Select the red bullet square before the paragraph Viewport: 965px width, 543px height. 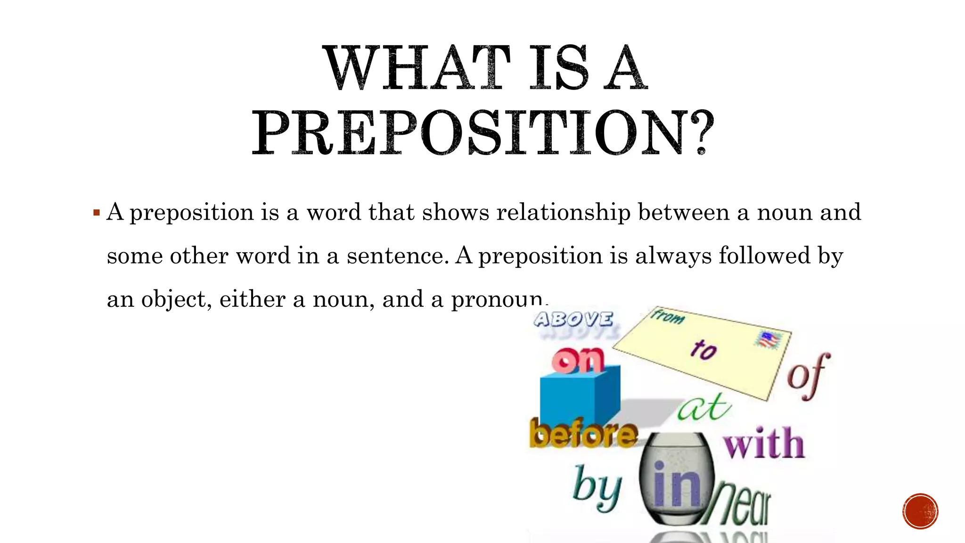tap(97, 213)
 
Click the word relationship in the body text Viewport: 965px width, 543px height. tap(564, 213)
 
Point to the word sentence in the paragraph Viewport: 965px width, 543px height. tap(398, 256)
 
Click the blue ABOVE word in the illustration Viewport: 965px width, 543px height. tap(573, 320)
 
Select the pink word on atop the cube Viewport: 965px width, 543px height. tap(578, 361)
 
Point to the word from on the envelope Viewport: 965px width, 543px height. tap(668, 316)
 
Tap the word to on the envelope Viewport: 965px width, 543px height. tap(703, 350)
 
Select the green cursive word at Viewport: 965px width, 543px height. tap(704, 407)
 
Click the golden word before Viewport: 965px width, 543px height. tap(583, 433)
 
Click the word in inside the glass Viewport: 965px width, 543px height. tap(676, 485)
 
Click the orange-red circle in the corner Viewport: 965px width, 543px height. tap(920, 511)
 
